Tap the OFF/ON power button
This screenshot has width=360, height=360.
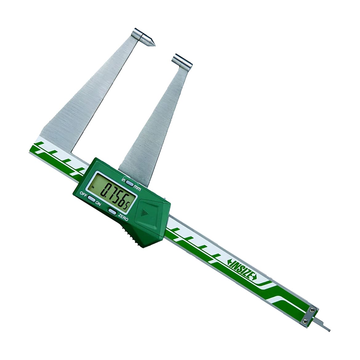(x=91, y=199)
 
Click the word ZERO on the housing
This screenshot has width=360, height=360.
(x=123, y=217)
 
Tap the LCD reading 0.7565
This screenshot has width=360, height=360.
(x=112, y=192)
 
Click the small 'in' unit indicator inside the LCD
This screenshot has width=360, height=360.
(x=93, y=186)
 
